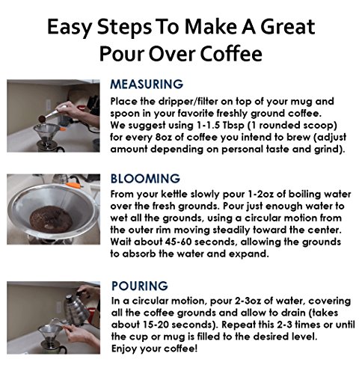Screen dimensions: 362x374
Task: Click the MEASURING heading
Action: click(147, 84)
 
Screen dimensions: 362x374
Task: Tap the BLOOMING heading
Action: click(145, 179)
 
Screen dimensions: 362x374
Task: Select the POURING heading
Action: click(140, 286)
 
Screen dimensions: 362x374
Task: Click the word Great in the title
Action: click(287, 26)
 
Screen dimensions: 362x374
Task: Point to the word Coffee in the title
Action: click(231, 54)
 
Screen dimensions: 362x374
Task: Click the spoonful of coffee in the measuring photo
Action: click(42, 119)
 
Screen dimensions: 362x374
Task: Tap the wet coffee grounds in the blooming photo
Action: click(51, 219)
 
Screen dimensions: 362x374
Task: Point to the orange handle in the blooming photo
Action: click(74, 186)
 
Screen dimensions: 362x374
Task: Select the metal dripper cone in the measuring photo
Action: click(46, 133)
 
